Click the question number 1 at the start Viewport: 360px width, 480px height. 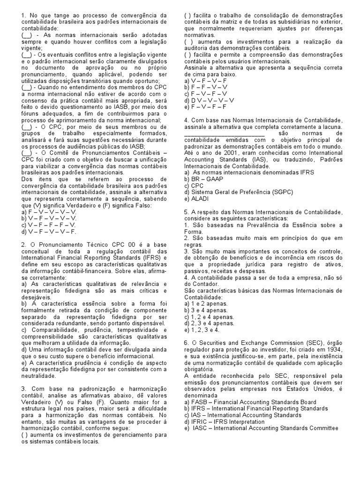click(x=23, y=15)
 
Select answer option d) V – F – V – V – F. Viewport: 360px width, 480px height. click(x=49, y=231)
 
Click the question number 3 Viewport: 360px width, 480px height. click(x=23, y=389)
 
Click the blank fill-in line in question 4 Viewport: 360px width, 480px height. click(x=225, y=134)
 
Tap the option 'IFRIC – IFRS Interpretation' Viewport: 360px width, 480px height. click(x=234, y=421)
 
